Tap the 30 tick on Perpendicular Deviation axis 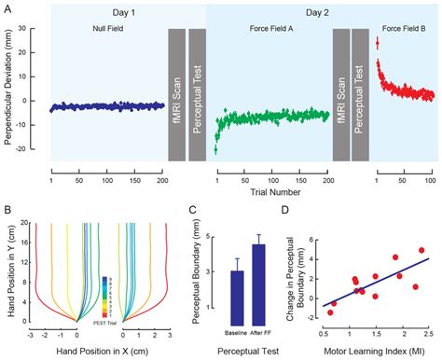[x=33, y=29]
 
